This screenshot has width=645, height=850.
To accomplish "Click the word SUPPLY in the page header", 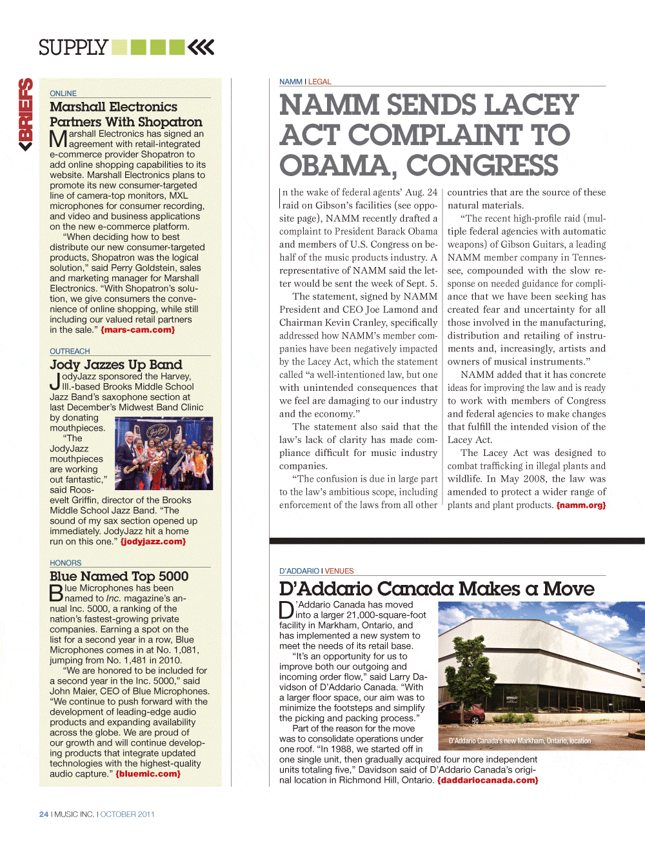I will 73,48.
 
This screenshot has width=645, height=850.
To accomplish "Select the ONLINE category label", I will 63,94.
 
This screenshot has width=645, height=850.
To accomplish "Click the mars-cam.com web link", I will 137,330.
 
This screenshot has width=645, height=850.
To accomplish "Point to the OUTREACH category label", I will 70,351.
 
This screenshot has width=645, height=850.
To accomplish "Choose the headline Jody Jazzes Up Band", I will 116,365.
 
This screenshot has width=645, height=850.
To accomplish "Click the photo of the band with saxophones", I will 164,453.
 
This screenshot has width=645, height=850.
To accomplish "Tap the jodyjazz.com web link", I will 153,542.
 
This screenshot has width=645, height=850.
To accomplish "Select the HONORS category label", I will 66,563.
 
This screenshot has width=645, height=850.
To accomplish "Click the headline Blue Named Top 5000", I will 119,577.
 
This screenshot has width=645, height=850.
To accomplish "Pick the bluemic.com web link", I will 148,774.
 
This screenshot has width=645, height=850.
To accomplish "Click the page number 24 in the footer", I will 44,815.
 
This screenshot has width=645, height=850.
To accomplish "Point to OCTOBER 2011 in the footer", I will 128,815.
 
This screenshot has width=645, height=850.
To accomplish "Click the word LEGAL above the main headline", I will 319,82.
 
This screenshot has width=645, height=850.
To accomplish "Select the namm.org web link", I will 580,506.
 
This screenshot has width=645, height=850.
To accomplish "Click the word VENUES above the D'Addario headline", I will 339,571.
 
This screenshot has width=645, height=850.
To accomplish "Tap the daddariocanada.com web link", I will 488,780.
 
